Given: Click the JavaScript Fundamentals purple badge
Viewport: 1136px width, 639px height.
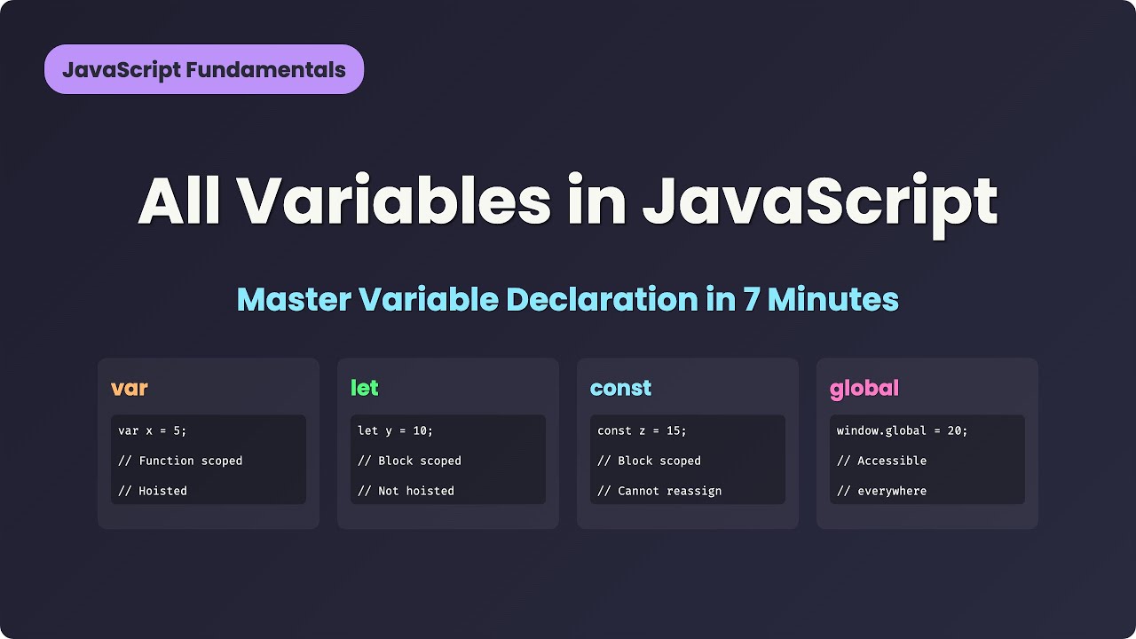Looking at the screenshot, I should pyautogui.click(x=203, y=69).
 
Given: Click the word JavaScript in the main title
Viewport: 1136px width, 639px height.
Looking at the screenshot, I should pyautogui.click(x=820, y=202).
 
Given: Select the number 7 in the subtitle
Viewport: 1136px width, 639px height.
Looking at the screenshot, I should pyautogui.click(x=752, y=300).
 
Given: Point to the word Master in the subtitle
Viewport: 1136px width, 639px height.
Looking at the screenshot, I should pyautogui.click(x=294, y=300).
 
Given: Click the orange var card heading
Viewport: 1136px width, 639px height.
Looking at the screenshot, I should pyautogui.click(x=130, y=389).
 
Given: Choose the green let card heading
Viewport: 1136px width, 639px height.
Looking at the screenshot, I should pyautogui.click(x=365, y=388).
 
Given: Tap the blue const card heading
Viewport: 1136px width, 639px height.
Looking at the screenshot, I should pyautogui.click(x=620, y=388).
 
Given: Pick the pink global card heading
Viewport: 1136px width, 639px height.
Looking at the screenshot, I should pyautogui.click(x=864, y=389).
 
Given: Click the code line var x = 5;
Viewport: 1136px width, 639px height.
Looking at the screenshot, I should pyautogui.click(x=153, y=430).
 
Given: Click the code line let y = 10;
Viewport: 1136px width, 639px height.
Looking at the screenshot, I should pyautogui.click(x=395, y=430).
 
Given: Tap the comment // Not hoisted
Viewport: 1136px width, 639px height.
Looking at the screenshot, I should pyautogui.click(x=406, y=491).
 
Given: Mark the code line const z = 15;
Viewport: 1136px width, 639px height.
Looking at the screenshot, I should pyautogui.click(x=642, y=430).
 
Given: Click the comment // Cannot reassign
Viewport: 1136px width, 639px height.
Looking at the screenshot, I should pyautogui.click(x=659, y=491).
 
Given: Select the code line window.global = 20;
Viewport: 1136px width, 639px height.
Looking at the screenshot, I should pyautogui.click(x=902, y=430).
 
